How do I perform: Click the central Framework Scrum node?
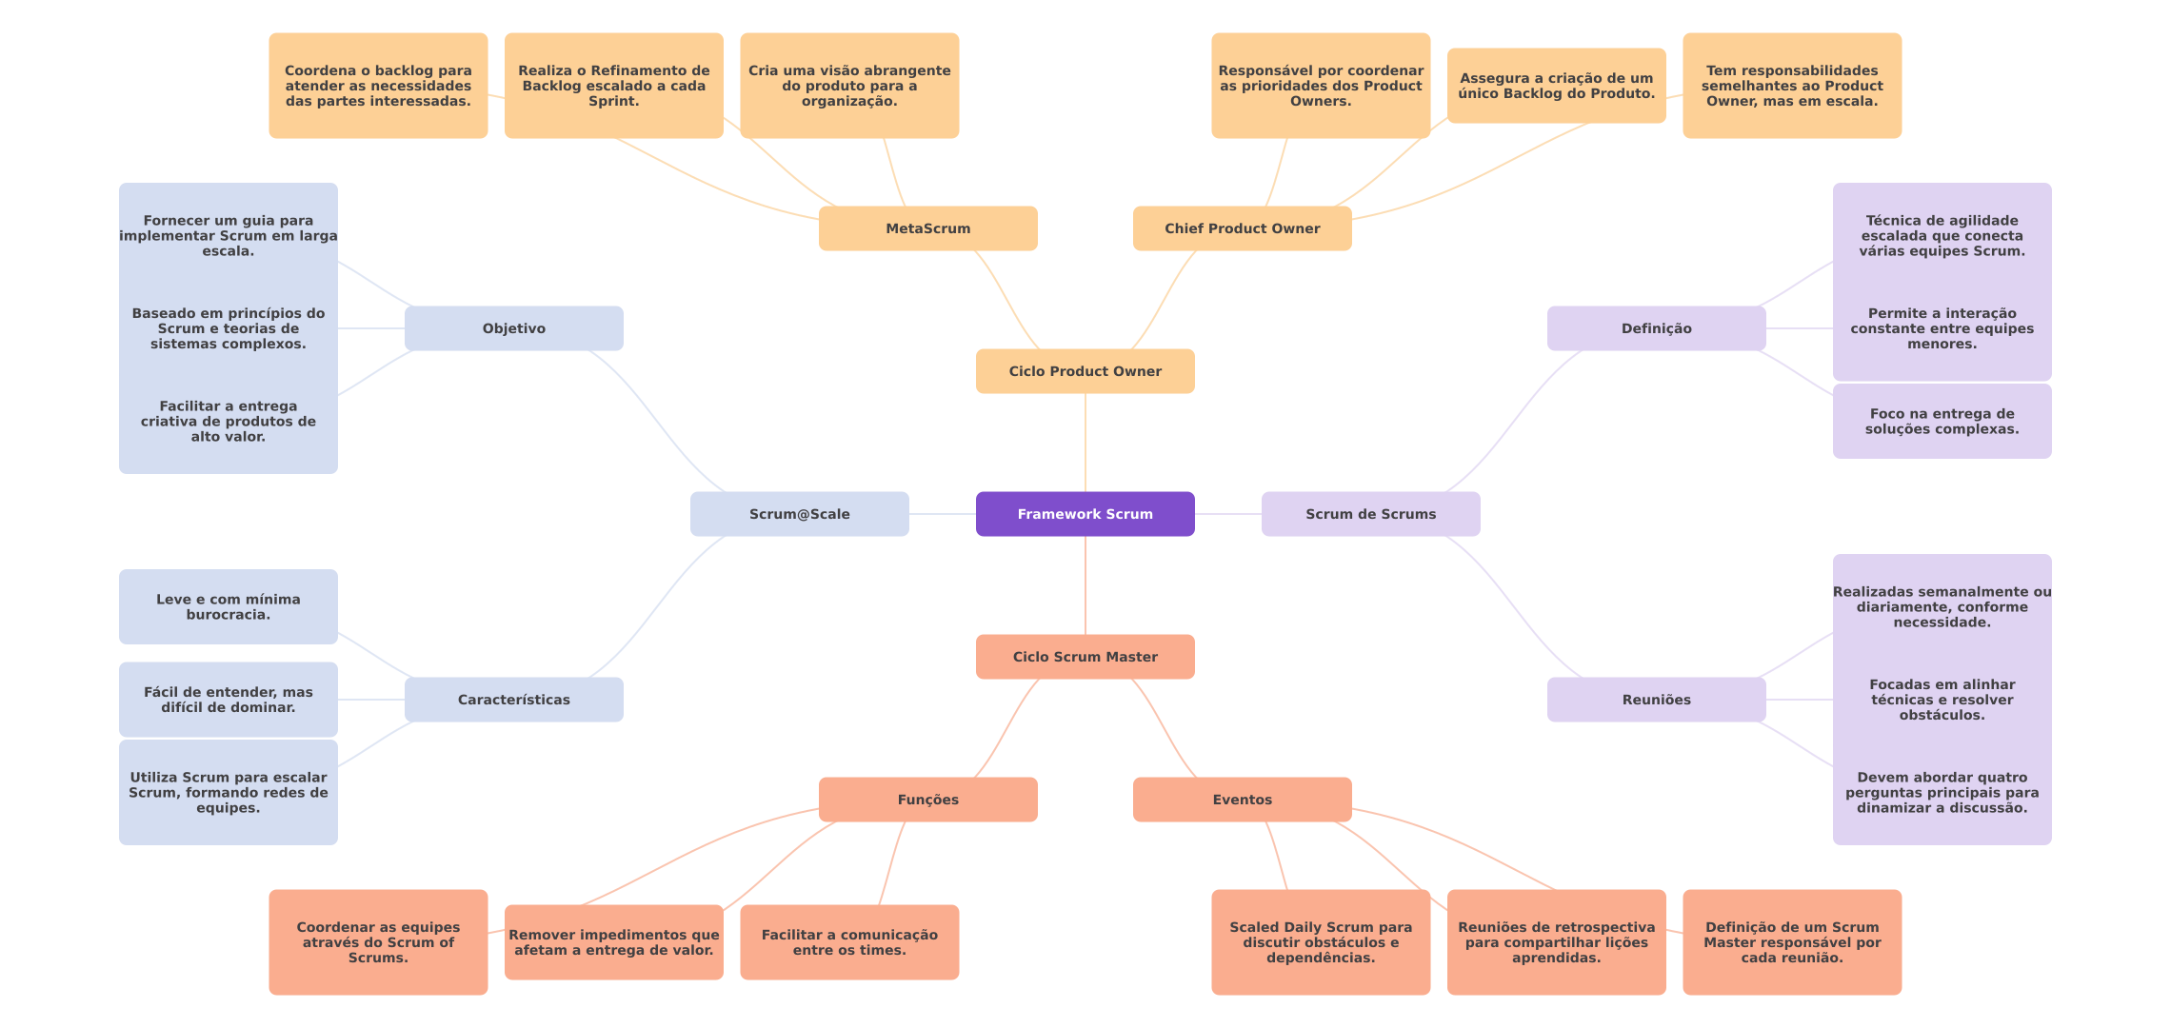click(1085, 514)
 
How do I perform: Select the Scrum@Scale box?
click(799, 514)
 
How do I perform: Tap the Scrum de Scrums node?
click(1370, 514)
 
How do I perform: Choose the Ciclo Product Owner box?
click(1085, 371)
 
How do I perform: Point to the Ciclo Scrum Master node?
click(1085, 657)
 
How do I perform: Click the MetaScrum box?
click(927, 228)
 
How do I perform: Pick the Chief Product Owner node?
click(1242, 228)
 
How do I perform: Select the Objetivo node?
click(513, 328)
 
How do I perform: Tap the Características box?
click(513, 700)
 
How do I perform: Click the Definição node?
click(1656, 328)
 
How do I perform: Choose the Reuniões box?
click(1656, 700)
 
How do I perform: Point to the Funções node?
click(927, 800)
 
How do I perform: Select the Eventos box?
click(1242, 800)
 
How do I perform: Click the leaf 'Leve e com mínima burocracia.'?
click(228, 607)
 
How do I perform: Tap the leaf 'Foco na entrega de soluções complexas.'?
click(1942, 422)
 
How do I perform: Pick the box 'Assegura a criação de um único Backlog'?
click(1556, 86)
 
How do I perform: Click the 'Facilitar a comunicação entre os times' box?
click(849, 942)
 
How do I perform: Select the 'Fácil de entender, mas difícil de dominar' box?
click(228, 700)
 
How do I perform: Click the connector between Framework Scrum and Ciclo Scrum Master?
click(1085, 585)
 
